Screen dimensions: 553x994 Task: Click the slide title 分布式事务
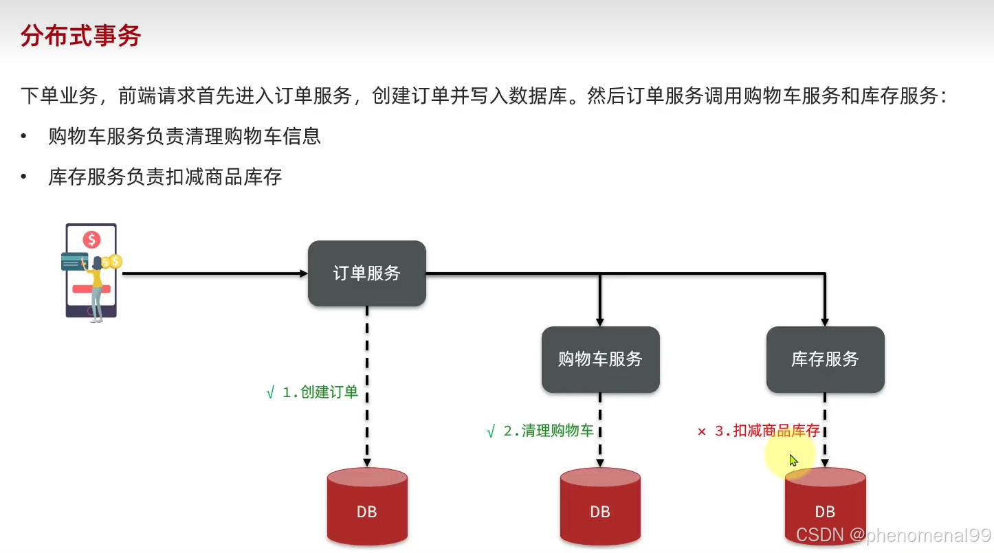80,36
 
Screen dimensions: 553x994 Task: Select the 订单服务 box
367,273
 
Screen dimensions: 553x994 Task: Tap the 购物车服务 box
600,359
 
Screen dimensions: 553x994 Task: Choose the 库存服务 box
825,359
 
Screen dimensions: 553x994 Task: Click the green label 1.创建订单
320,393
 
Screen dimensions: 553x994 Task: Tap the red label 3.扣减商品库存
767,431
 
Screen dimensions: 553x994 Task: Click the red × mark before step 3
702,432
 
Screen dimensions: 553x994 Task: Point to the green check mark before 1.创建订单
270,393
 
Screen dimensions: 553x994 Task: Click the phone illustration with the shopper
91,271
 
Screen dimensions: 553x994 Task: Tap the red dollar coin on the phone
91,240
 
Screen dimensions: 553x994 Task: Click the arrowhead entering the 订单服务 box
304,273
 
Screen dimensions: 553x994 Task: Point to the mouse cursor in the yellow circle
793,460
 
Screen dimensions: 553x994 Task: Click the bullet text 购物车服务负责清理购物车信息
184,136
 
